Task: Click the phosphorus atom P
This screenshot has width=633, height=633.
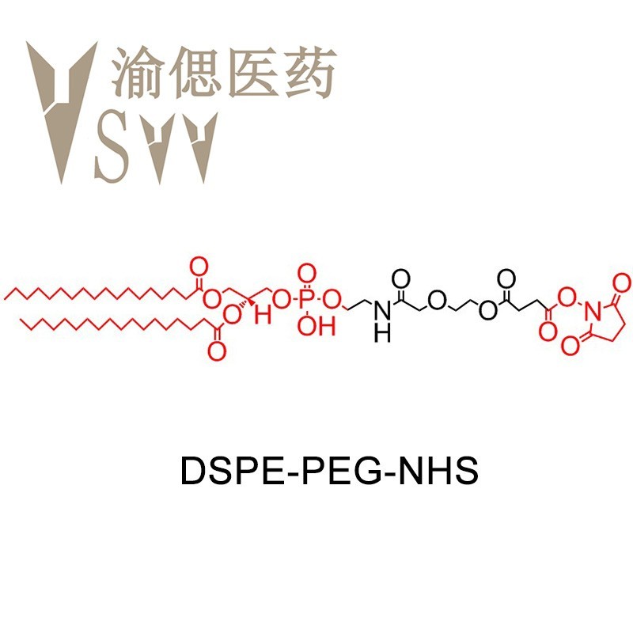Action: tap(306, 300)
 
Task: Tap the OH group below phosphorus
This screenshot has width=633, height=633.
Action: tap(316, 326)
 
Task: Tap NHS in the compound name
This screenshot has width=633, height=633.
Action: tap(438, 470)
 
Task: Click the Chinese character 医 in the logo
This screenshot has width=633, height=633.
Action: tap(252, 73)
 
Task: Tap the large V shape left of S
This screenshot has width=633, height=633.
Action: tap(62, 109)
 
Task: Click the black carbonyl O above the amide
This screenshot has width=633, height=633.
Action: tap(401, 279)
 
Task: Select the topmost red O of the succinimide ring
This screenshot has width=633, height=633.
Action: tap(622, 282)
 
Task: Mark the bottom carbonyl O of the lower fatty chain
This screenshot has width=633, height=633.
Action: tap(217, 351)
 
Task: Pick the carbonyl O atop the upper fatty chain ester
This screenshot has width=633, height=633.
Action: tap(199, 267)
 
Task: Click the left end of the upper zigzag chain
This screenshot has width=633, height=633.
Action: tap(5, 299)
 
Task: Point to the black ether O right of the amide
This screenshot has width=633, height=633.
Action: tap(437, 301)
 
